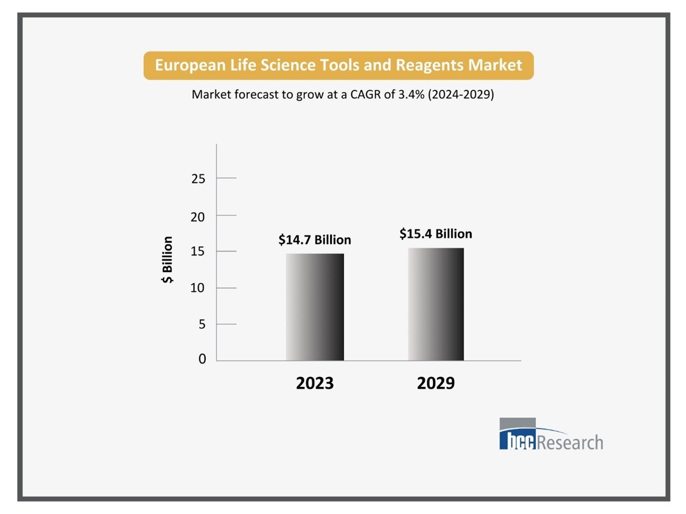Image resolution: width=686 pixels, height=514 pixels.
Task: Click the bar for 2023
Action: (314, 307)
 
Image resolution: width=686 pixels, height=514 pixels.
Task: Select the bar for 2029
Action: (436, 304)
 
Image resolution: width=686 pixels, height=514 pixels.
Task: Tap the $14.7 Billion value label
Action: (314, 240)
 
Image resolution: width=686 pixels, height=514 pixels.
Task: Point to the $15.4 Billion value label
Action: (436, 234)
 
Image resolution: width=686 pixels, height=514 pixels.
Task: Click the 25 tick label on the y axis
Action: (198, 179)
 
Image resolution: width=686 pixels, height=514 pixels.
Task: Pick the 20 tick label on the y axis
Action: (197, 217)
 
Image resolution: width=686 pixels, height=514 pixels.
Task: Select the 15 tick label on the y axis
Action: (197, 252)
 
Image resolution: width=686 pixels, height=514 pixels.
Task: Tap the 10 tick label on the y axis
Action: (197, 288)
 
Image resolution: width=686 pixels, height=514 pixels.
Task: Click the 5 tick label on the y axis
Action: (201, 325)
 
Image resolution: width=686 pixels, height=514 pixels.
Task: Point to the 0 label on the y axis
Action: (202, 359)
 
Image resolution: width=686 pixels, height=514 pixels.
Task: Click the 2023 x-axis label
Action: (314, 383)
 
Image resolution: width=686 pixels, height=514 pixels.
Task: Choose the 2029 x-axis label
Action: (436, 383)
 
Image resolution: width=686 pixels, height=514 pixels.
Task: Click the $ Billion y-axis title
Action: (168, 259)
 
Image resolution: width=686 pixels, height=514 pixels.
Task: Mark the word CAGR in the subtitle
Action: (366, 94)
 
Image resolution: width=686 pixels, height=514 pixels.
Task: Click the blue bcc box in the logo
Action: (518, 440)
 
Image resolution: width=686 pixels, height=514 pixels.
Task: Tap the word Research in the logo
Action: (570, 442)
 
